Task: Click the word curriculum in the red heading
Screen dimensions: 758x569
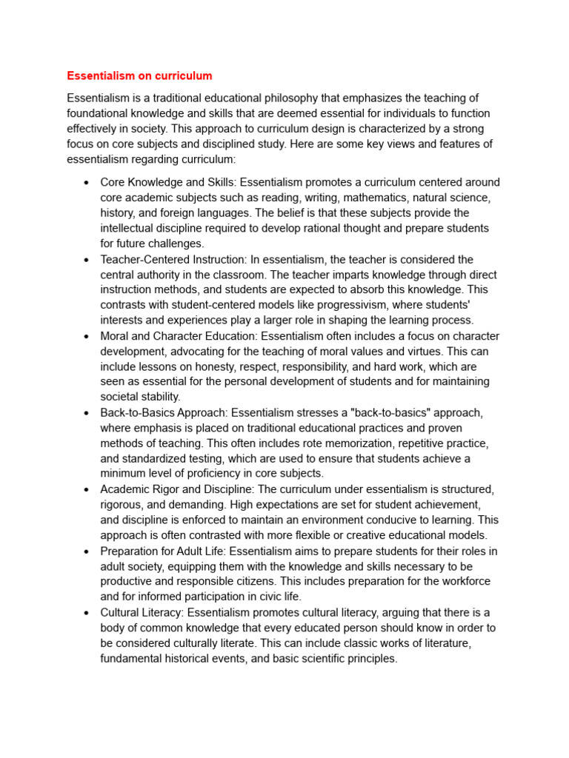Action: click(x=184, y=76)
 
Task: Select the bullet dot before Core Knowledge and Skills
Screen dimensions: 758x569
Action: click(x=87, y=183)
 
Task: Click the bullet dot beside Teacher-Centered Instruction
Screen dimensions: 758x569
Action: click(x=87, y=260)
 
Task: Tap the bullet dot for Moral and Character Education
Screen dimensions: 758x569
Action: click(x=87, y=337)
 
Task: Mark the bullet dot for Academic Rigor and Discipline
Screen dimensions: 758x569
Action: click(x=87, y=489)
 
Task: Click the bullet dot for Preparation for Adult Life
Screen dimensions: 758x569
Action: click(x=87, y=551)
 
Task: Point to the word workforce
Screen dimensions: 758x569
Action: click(x=465, y=581)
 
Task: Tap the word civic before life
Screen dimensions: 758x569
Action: click(x=268, y=596)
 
